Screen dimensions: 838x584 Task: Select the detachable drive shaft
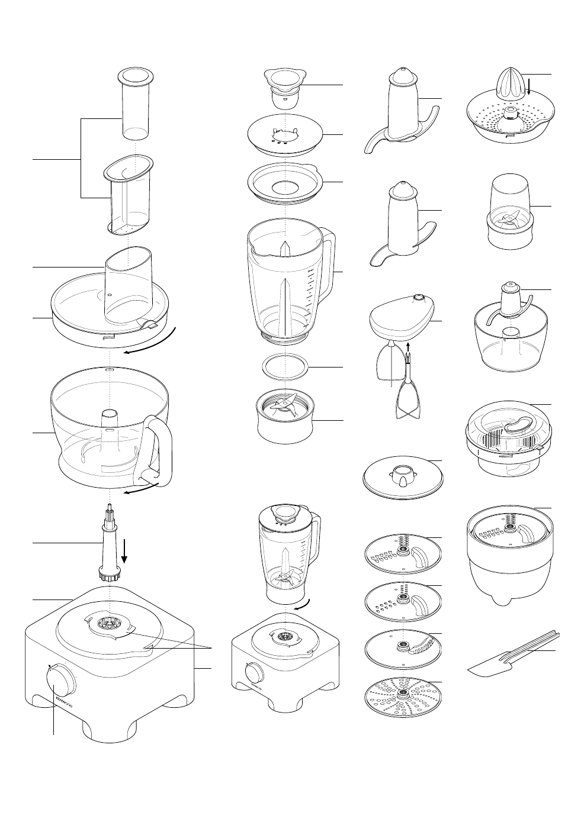(110, 544)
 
